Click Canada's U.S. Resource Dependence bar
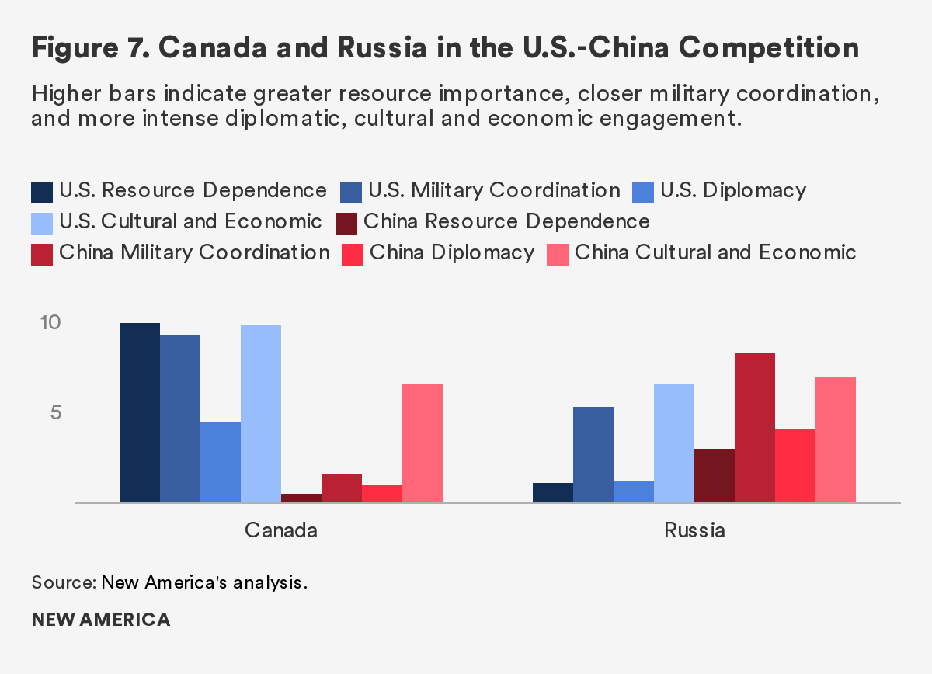coord(140,413)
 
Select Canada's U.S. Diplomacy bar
coord(221,463)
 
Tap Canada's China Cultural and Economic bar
coord(423,443)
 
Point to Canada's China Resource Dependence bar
coord(301,499)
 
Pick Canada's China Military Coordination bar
coord(342,488)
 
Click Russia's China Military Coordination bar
coord(755,428)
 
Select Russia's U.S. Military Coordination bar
coord(593,455)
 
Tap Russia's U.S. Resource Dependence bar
coord(553,493)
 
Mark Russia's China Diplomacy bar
coord(795,466)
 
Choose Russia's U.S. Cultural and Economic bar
coord(674,443)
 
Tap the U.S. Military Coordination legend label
coord(494,191)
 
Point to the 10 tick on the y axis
coord(50,322)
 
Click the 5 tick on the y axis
coord(56,412)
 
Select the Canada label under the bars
coord(281,531)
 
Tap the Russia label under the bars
coord(694,531)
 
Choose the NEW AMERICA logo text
coord(101,620)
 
